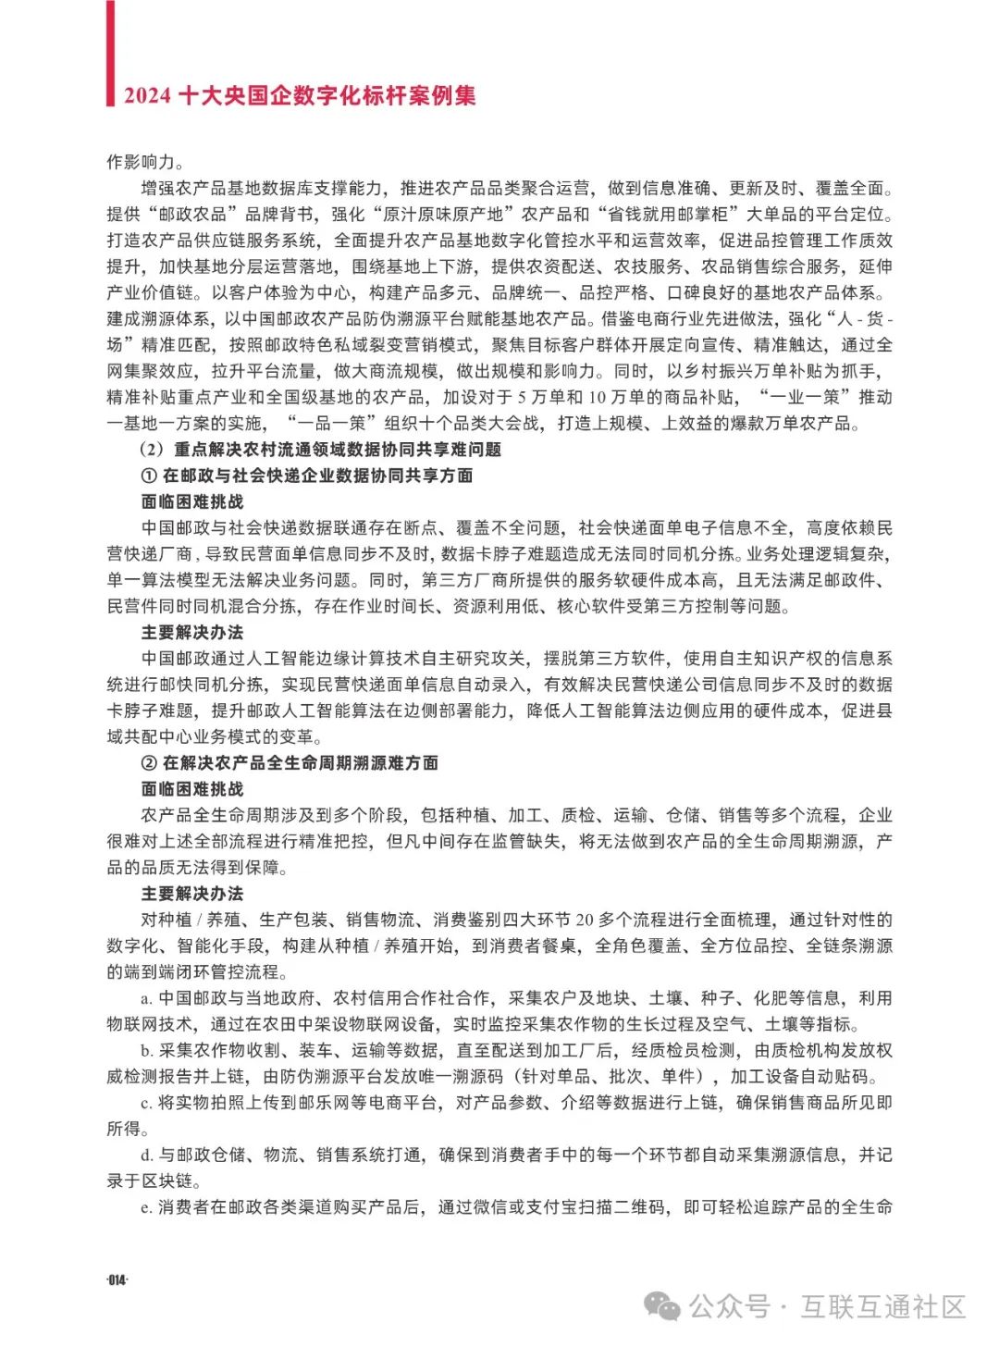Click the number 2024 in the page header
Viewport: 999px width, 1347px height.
click(147, 95)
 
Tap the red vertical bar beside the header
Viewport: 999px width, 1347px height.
click(110, 53)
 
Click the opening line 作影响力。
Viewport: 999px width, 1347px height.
click(145, 162)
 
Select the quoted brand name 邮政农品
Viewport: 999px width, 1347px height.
click(192, 215)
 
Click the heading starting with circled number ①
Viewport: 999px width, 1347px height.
click(306, 476)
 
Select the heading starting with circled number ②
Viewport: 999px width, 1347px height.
click(289, 763)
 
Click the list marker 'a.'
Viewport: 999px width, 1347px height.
click(146, 998)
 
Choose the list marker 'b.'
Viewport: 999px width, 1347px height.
click(146, 1051)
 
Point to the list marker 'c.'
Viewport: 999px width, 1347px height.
click(146, 1103)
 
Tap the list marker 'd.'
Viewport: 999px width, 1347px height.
click(146, 1155)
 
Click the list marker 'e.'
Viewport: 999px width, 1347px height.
click(146, 1207)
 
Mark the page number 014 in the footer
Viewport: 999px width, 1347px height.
click(117, 1280)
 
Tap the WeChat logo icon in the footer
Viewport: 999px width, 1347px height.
click(662, 1306)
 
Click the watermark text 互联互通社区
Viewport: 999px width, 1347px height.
click(883, 1306)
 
